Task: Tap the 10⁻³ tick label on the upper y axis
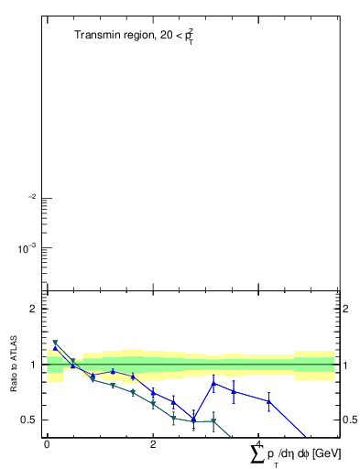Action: [x=28, y=248]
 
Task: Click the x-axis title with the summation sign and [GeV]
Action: [x=289, y=453]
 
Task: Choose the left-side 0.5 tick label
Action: [x=28, y=420]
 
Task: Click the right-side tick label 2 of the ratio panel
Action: [x=345, y=309]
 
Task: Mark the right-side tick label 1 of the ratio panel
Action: [x=345, y=365]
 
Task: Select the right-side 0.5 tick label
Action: [x=349, y=420]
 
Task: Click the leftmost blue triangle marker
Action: [x=55, y=348]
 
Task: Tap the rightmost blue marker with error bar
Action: [x=269, y=401]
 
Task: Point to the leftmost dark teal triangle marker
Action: [x=55, y=343]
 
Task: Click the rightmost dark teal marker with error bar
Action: [x=213, y=421]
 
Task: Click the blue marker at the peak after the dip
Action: [x=213, y=384]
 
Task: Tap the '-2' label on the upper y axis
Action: [x=31, y=197]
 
